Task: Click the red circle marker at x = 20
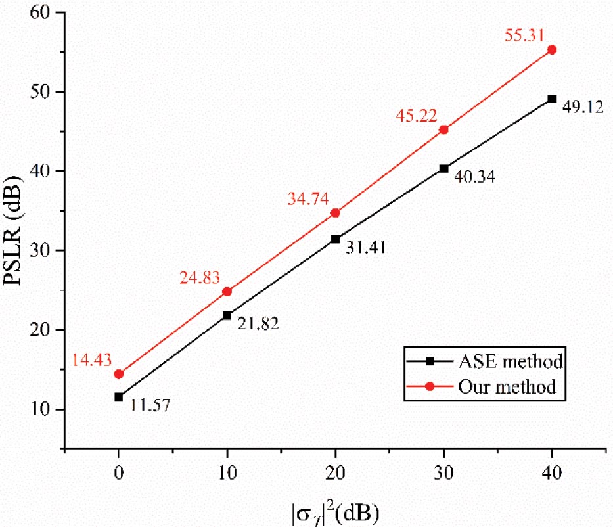click(335, 213)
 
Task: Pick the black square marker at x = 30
click(443, 169)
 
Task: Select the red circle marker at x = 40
click(552, 49)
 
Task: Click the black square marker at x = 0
click(119, 397)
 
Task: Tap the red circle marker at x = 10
click(227, 291)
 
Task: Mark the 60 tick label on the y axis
click(44, 12)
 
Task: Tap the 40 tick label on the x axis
click(552, 472)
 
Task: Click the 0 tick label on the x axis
click(119, 472)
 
